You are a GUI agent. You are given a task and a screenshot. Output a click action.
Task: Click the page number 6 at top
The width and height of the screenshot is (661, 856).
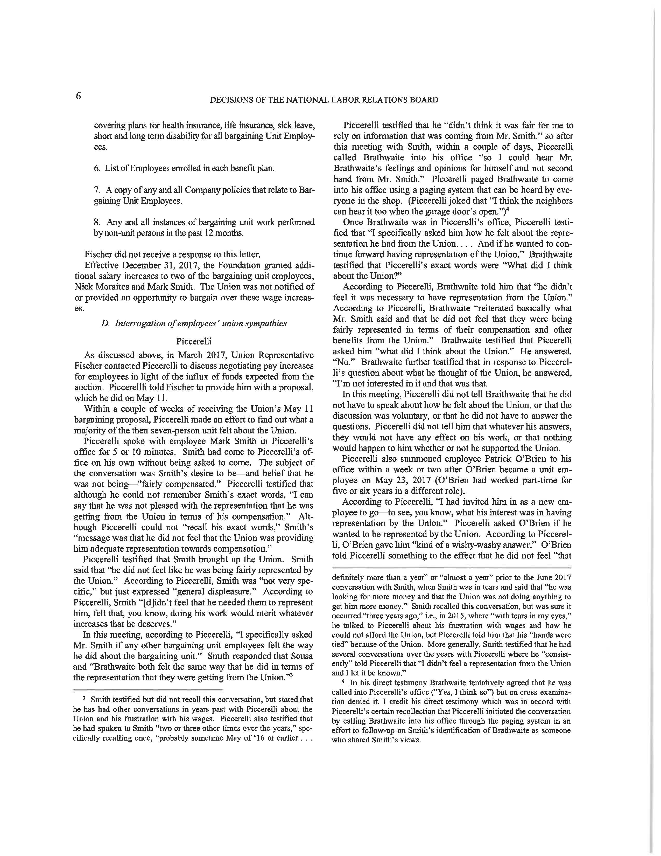[x=78, y=96]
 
